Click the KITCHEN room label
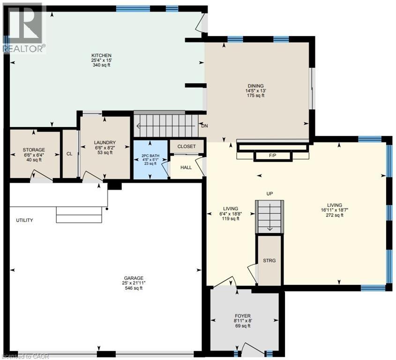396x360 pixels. click(101, 55)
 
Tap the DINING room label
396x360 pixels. click(255, 85)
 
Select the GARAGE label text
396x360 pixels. click(134, 277)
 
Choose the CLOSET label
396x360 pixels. click(187, 147)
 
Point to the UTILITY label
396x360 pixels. click(24, 220)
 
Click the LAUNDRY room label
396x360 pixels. click(105, 143)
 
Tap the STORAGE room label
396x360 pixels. click(34, 150)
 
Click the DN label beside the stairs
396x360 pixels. click(204, 126)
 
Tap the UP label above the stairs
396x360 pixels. click(270, 193)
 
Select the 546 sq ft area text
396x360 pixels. click(134, 288)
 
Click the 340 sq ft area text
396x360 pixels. click(101, 65)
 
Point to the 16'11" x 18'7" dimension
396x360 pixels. click(335, 210)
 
